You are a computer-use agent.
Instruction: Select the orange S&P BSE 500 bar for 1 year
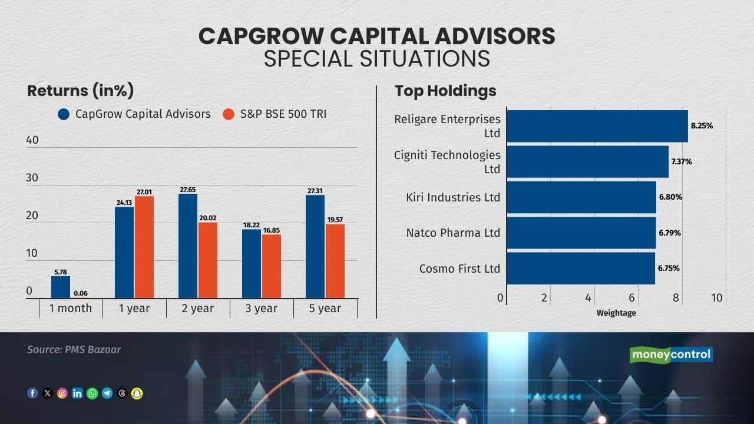144,247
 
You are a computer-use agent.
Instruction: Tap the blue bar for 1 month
61,287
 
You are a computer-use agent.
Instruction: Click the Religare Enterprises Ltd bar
597,126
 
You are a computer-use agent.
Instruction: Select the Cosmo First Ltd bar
581,269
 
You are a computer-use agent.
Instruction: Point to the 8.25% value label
702,126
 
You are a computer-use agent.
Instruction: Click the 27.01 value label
144,191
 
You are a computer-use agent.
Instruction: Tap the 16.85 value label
272,230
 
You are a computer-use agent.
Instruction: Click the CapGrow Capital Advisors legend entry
134,114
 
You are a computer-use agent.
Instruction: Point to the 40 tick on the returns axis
32,140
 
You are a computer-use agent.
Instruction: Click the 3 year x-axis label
262,308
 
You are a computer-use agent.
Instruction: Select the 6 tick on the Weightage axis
632,298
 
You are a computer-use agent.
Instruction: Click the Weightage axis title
616,313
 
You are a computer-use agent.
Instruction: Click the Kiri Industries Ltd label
453,197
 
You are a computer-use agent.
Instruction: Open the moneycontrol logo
671,355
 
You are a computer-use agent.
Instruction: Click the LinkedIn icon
77,393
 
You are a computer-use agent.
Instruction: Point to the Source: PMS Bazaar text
74,349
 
